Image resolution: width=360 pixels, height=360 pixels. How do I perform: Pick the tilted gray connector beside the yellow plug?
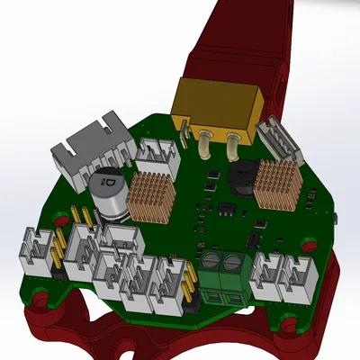pos(274,140)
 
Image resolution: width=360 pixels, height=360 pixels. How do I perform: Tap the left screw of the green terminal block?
pos(212,263)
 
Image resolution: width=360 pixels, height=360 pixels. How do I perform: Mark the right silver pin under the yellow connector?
pos(236,139)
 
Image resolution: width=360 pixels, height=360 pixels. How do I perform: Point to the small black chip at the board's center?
pos(226,210)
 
